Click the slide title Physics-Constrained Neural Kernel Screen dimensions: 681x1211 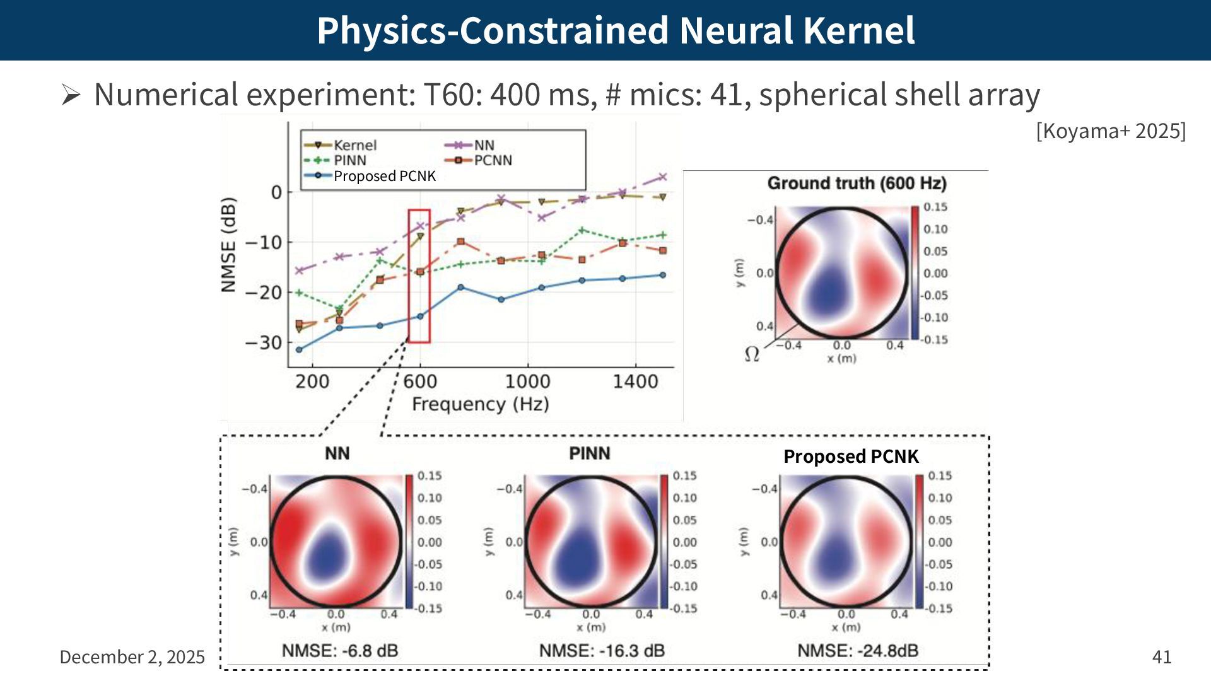(616, 30)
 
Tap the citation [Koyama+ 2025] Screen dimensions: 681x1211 (1111, 131)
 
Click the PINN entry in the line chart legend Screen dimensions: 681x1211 (349, 160)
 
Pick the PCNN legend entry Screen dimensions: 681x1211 (492, 160)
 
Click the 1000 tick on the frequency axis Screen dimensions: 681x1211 (527, 381)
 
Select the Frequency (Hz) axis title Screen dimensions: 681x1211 (480, 404)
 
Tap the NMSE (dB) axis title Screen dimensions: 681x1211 (228, 245)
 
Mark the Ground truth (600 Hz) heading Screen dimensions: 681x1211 (857, 183)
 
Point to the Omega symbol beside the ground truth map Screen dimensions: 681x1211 (752, 354)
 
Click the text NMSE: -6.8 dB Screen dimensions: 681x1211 (340, 651)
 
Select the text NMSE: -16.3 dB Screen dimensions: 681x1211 (602, 651)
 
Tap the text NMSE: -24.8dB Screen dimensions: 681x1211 (858, 651)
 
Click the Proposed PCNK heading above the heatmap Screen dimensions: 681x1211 (851, 457)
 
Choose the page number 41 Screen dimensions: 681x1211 (1162, 657)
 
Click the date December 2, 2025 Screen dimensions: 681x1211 (132, 657)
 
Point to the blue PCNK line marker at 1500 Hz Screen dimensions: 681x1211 (662, 275)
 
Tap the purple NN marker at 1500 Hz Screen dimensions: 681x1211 (662, 177)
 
